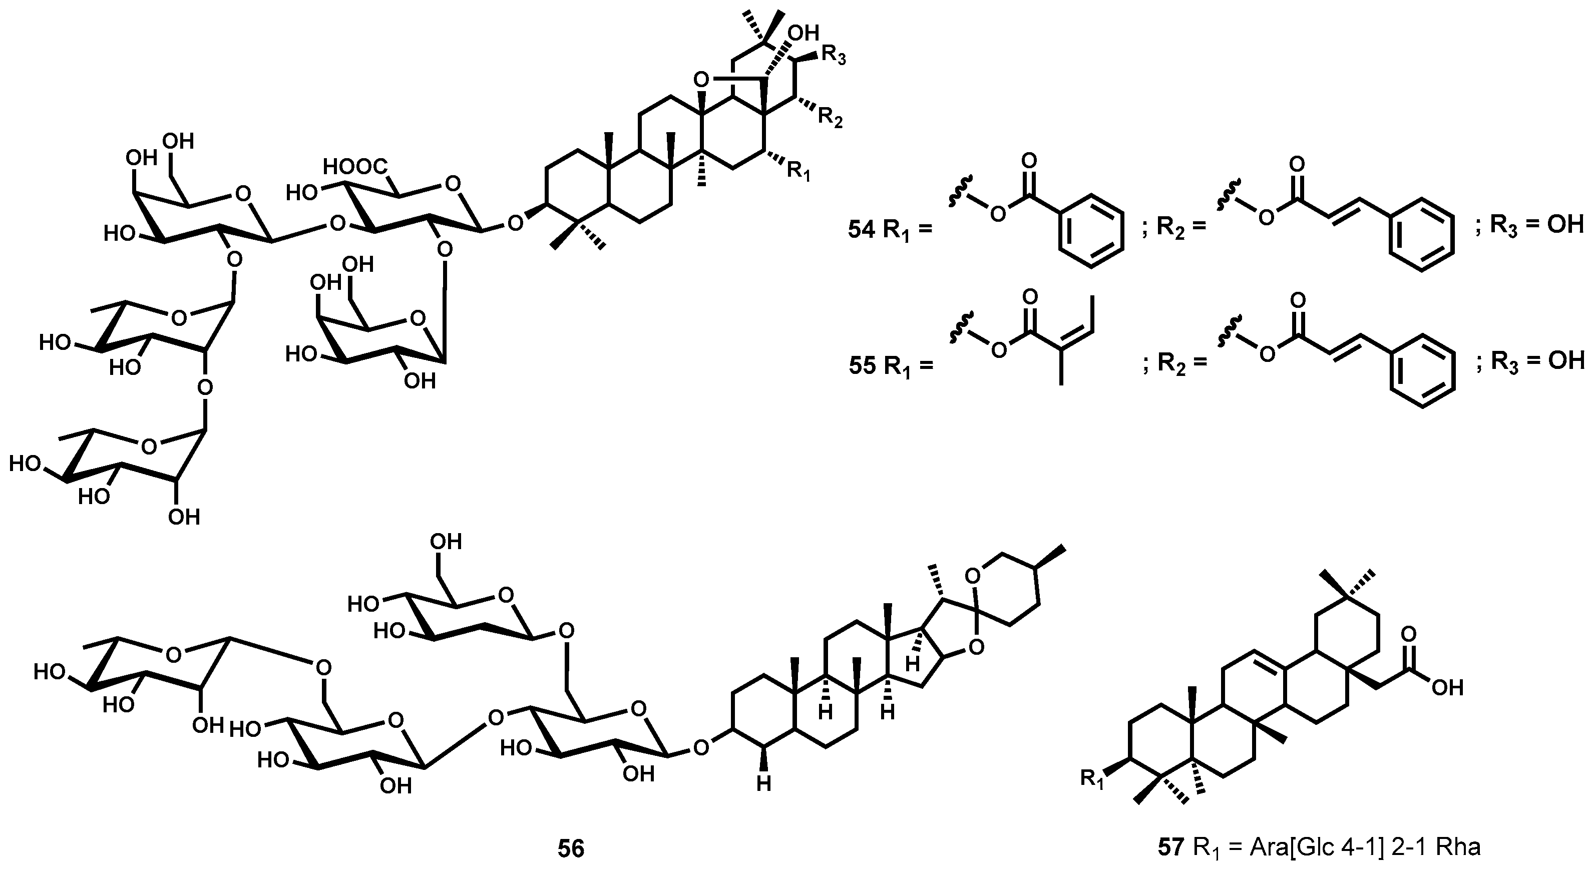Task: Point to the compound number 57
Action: pyautogui.click(x=1170, y=846)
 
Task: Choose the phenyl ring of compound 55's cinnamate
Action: pyautogui.click(x=1422, y=370)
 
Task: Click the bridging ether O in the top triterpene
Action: pyautogui.click(x=701, y=79)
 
